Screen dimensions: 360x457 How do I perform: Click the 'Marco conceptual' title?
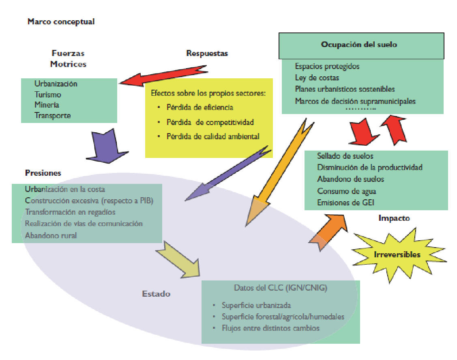(61, 22)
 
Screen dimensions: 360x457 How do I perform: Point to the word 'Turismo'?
(48, 95)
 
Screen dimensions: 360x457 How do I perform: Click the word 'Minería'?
(47, 105)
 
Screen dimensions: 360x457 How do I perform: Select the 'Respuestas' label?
(207, 53)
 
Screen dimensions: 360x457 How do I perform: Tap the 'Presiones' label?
(43, 173)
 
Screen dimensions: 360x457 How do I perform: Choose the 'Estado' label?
(156, 293)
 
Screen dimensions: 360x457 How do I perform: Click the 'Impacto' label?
(394, 218)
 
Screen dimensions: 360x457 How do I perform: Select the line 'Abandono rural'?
(51, 235)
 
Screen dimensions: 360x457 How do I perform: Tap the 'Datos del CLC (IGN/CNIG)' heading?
(280, 288)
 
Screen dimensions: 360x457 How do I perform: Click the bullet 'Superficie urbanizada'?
(256, 306)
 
